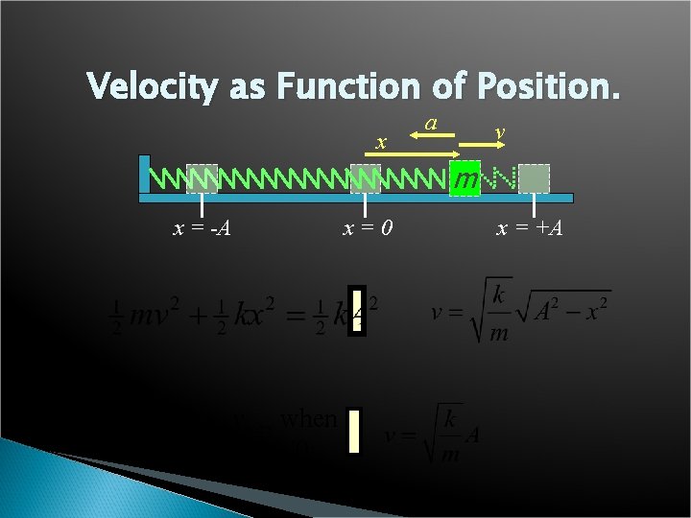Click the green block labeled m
(465, 179)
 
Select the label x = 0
(365, 228)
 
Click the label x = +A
(529, 228)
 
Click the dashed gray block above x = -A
(202, 178)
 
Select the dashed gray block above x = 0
(365, 178)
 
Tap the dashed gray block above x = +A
(534, 178)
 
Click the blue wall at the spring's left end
(144, 175)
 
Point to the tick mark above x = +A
(534, 206)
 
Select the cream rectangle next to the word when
(354, 431)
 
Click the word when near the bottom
(309, 419)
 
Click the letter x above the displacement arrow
(381, 143)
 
